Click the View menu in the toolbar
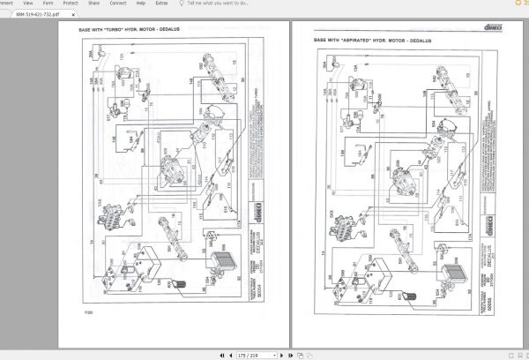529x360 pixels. click(x=27, y=4)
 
